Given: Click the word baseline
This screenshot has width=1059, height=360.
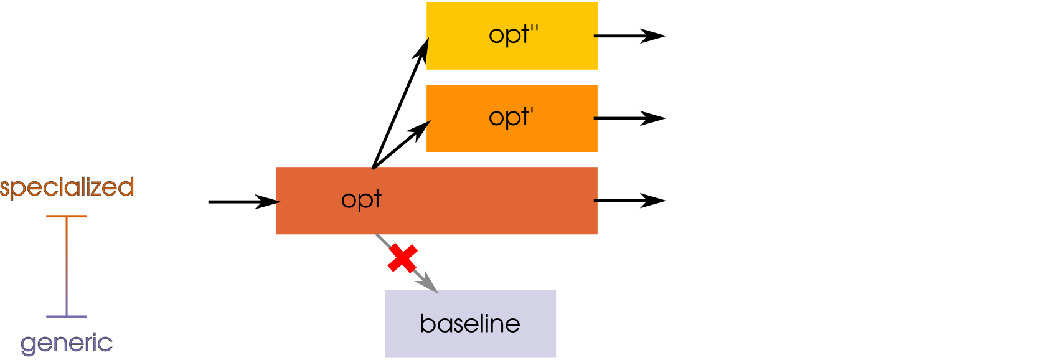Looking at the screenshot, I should point(470,324).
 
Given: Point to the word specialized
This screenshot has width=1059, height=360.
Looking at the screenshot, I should point(67,187).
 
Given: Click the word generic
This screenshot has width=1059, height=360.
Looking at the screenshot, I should point(67,343).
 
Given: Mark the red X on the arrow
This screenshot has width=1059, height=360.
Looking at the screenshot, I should point(402,258).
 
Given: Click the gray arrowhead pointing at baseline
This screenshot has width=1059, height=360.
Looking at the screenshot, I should point(428,283).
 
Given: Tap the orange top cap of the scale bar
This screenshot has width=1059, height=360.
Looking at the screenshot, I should point(67,216).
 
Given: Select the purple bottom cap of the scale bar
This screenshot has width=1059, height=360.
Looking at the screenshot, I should point(67,316).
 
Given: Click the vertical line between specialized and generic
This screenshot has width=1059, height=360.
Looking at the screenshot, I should point(67,267).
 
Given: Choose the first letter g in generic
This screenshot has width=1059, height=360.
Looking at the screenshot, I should point(28,344).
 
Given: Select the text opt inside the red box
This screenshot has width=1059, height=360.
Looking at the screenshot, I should point(361,200).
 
